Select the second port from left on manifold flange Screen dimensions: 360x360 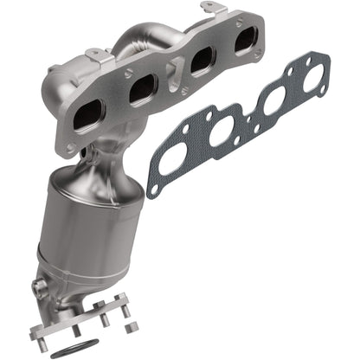pyautogui.click(x=141, y=90)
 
